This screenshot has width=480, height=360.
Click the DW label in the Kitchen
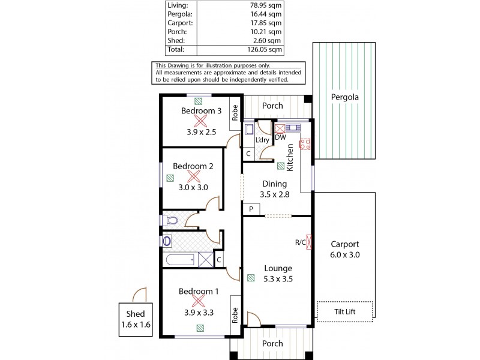280,137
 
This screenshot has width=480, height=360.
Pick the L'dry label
262,140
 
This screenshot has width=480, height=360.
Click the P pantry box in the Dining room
251,209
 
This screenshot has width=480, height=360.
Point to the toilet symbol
170,220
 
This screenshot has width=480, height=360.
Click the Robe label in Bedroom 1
236,316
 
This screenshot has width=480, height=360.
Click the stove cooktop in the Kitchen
304,144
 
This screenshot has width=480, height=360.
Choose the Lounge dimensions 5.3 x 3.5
277,278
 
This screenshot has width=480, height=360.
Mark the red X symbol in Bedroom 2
193,176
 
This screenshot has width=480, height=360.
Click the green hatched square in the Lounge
250,278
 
